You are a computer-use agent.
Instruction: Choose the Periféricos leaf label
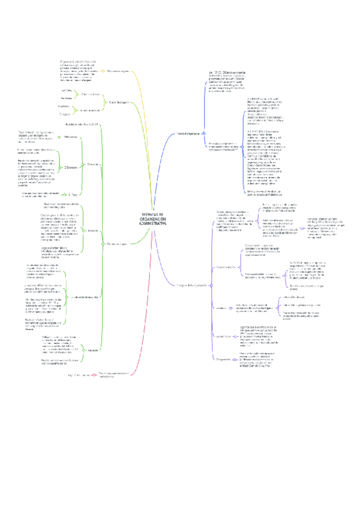(x=66, y=98)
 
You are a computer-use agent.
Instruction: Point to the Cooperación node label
(x=223, y=360)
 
